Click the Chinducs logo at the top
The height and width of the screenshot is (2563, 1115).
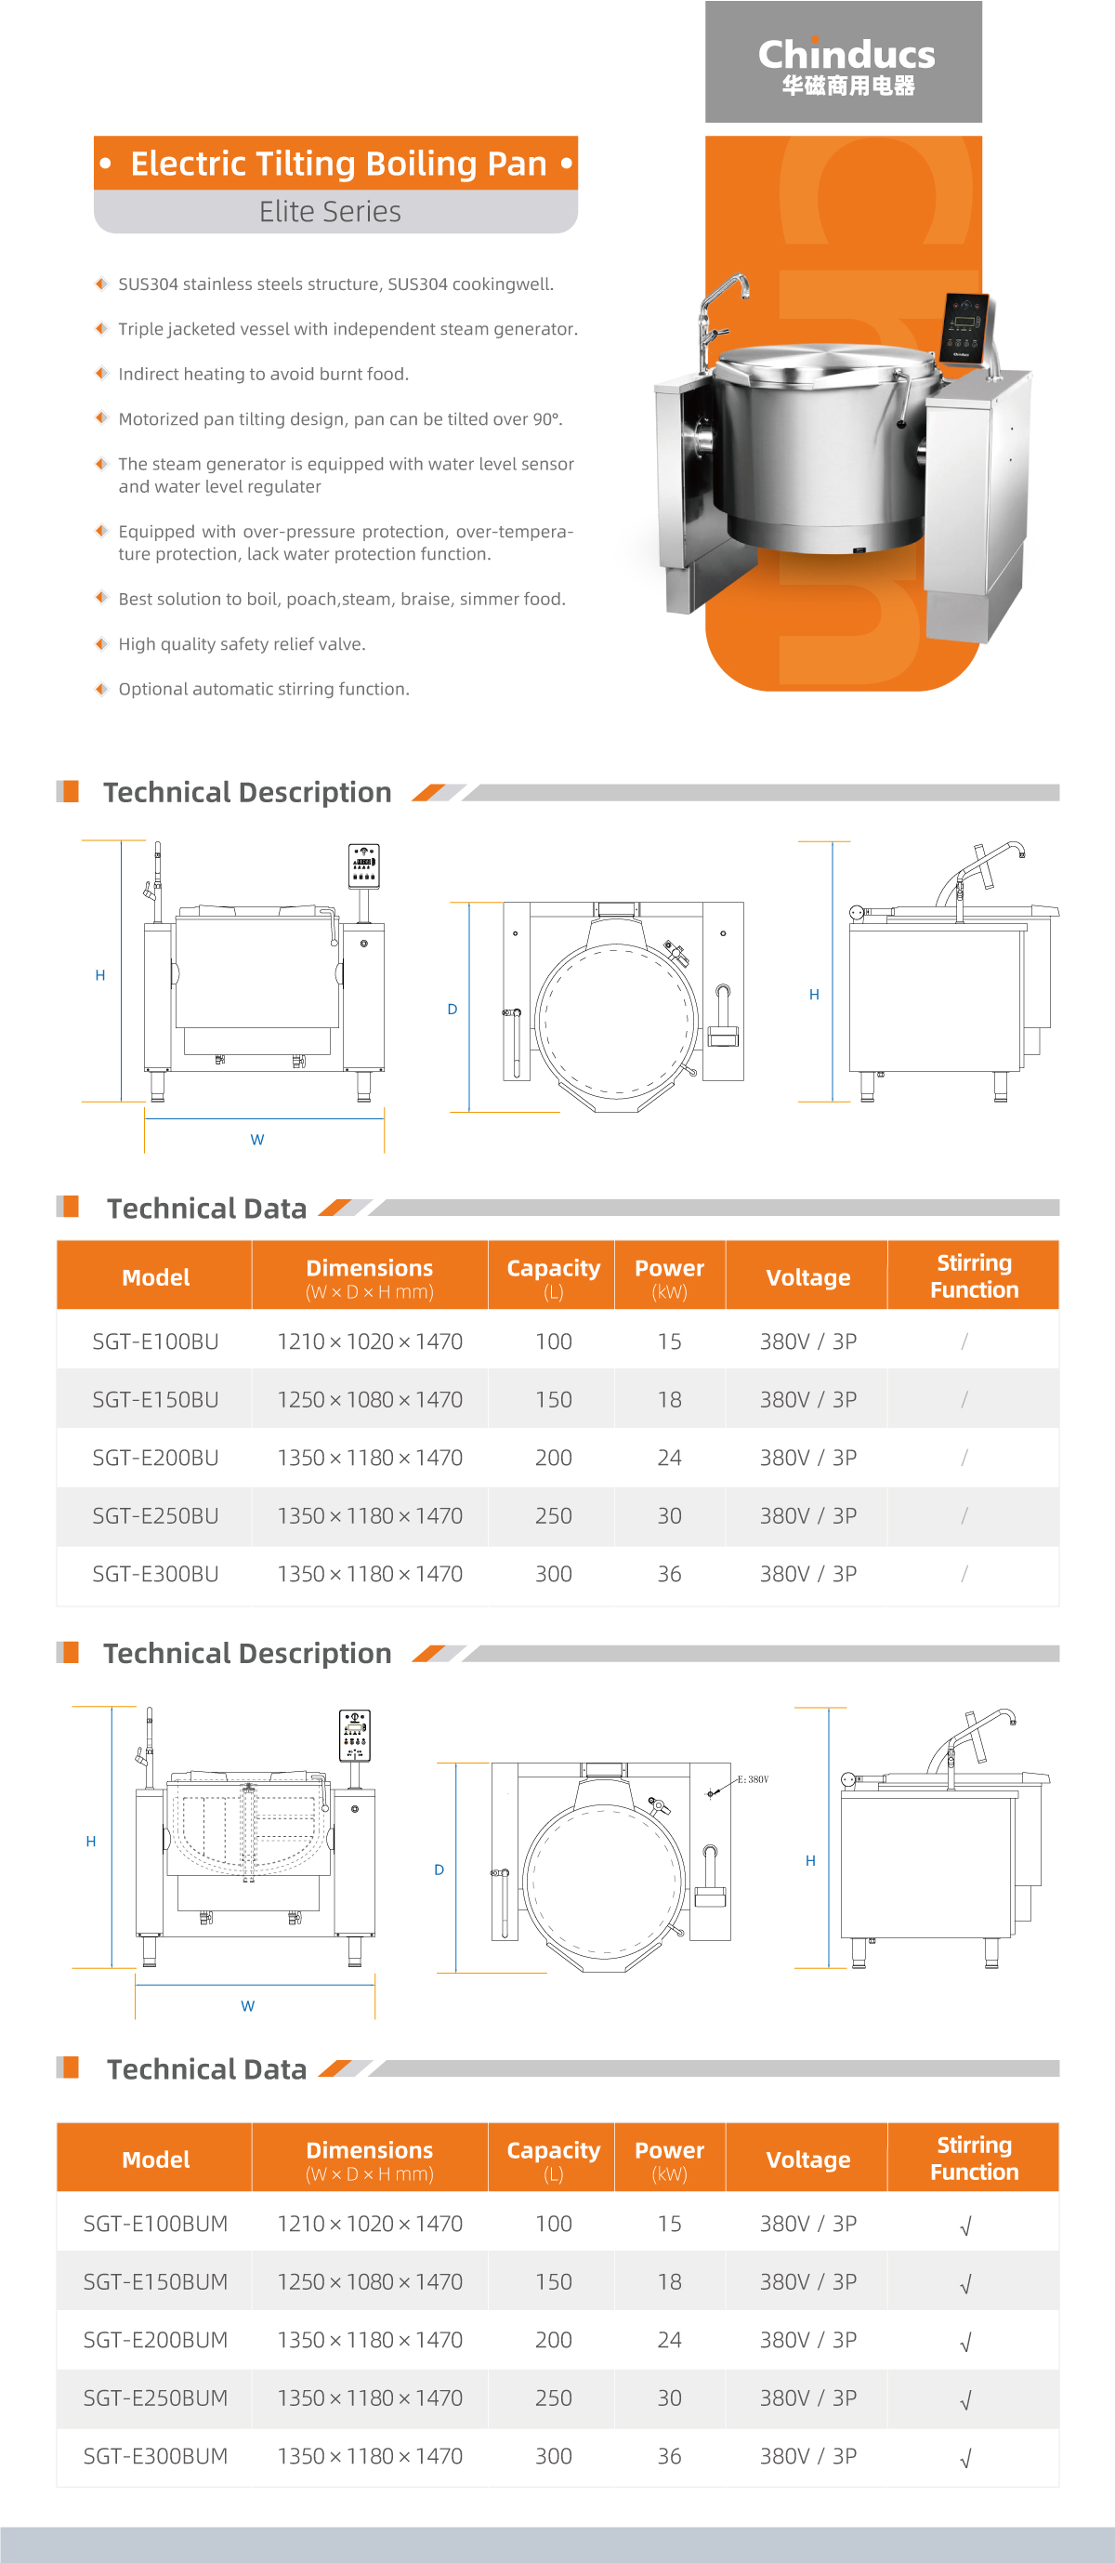[x=846, y=63]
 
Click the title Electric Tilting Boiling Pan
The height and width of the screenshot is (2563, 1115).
[x=338, y=164]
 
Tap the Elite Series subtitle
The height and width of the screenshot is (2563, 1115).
[x=330, y=212]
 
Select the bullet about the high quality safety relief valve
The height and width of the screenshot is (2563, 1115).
[x=242, y=643]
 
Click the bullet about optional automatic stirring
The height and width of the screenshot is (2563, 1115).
[x=264, y=689]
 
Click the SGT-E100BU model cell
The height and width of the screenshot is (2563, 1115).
[x=155, y=1341]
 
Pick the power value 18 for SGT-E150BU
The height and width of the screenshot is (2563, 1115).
[x=669, y=1400]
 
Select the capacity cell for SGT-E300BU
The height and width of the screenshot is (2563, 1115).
[x=553, y=1574]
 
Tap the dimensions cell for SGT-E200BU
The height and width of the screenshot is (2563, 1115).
[x=369, y=1458]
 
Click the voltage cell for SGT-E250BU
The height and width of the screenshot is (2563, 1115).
[x=807, y=1516]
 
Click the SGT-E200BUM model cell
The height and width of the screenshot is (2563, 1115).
[x=155, y=2340]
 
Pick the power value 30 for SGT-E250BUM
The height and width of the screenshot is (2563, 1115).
[x=669, y=2398]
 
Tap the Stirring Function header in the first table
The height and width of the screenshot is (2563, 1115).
[x=974, y=1275]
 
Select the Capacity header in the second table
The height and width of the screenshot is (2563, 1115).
[x=553, y=2159]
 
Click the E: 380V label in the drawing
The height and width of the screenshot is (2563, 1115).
[x=753, y=1779]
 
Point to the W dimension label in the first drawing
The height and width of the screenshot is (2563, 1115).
[x=257, y=1139]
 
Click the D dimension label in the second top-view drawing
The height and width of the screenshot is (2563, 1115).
[x=439, y=1869]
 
